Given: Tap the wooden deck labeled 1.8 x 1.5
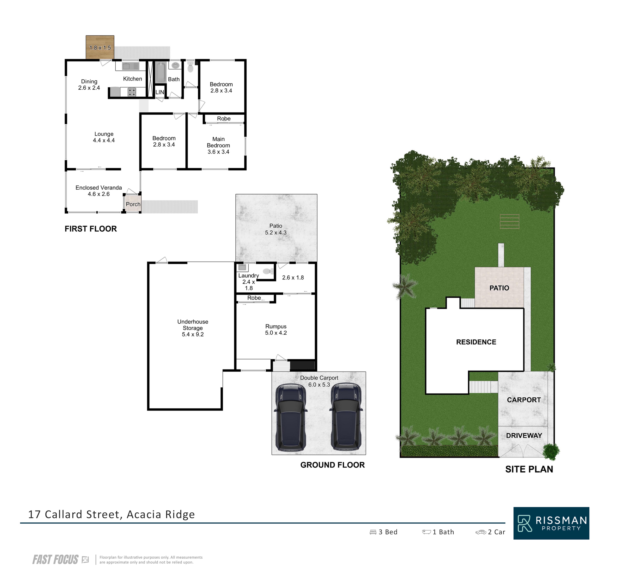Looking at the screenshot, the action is (x=100, y=47).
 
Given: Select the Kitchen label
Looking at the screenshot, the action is (x=133, y=79).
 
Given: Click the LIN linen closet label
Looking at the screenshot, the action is (x=160, y=92).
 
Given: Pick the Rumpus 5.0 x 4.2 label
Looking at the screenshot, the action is (x=276, y=330).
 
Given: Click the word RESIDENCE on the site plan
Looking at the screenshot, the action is (x=476, y=342).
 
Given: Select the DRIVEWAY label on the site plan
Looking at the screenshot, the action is (x=524, y=435).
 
